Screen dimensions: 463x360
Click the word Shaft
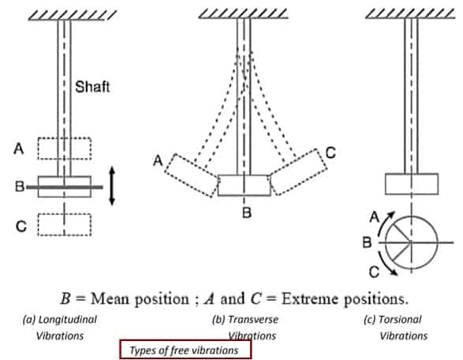click(92, 87)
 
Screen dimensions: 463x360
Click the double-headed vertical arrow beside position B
click(112, 186)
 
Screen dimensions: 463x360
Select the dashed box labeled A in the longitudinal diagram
click(65, 148)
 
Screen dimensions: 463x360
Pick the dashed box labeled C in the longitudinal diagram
click(65, 225)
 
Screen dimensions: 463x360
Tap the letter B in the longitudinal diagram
click(20, 186)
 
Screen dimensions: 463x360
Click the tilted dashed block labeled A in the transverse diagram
click(192, 175)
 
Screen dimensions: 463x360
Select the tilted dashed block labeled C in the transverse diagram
click(298, 172)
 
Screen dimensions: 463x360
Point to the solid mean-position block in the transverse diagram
click(245, 186)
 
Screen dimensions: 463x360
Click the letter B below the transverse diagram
click(247, 212)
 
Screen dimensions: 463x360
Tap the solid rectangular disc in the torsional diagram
click(412, 184)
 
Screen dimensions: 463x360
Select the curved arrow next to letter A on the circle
click(384, 225)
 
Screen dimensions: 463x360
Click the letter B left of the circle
click(367, 242)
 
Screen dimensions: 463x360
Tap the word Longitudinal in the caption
click(68, 320)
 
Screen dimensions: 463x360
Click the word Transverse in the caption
click(253, 320)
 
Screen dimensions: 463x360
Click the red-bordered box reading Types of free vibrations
click(185, 350)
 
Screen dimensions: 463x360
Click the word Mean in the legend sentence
click(110, 299)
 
